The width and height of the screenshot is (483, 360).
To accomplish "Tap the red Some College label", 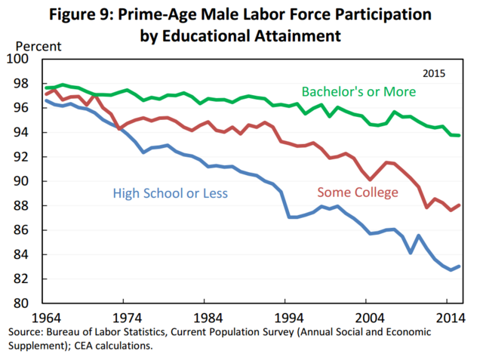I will pos(358,192).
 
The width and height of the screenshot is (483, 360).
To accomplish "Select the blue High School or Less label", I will pos(170,193).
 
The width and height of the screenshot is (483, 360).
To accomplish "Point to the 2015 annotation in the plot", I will pos(433,74).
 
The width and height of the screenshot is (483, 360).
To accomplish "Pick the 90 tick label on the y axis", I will pos(21,182).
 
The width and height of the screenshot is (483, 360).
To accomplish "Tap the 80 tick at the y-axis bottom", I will pos(21,304).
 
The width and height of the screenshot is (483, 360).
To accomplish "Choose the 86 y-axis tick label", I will pos(21,231).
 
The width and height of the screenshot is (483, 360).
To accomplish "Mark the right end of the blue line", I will pos(460,266).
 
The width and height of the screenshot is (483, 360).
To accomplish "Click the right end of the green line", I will pos(460,135).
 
